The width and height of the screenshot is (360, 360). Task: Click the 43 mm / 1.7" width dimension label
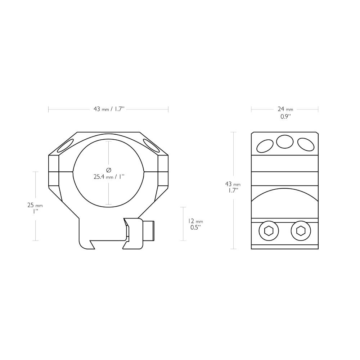coord(109,109)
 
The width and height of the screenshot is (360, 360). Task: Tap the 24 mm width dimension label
coord(285,109)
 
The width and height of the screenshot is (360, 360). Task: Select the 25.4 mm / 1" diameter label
coord(109,177)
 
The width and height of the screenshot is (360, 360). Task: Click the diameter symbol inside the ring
coord(109,170)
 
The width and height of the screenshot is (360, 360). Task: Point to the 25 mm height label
coord(35,205)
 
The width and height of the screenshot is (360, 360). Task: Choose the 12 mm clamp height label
coord(195,221)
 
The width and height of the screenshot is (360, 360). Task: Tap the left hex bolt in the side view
coord(269,231)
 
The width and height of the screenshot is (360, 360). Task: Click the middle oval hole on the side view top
coord(284,141)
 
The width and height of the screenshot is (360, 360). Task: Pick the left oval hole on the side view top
coord(264,146)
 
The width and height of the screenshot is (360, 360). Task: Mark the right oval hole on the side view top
coord(306,144)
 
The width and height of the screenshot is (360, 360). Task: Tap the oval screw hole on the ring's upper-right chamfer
coord(151,145)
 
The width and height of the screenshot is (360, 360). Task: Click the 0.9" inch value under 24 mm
coord(285,117)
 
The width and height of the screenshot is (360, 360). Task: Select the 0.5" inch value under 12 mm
coord(196,228)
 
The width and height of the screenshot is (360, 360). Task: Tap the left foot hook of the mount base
coord(86,244)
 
